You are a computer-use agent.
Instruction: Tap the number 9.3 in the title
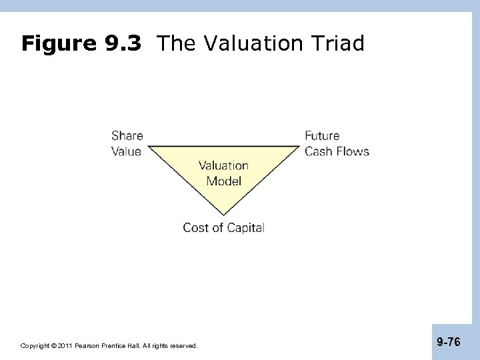point(123,44)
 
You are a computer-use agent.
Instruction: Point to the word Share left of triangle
point(127,136)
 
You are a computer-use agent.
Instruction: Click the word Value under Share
point(126,151)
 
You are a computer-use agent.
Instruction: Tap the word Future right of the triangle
point(322,136)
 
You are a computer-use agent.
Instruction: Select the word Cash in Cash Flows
point(319,151)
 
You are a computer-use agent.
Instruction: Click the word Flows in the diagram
point(353,151)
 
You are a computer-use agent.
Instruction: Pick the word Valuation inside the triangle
point(223,166)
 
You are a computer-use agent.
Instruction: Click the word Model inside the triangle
point(223,181)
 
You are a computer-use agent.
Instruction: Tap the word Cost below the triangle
point(195,228)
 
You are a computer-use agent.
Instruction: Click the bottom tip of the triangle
point(223,215)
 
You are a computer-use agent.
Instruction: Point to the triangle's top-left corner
point(149,145)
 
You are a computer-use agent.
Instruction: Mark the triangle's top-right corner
point(299,145)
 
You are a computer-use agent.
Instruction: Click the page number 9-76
point(448,343)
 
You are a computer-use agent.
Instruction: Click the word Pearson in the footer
point(87,346)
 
